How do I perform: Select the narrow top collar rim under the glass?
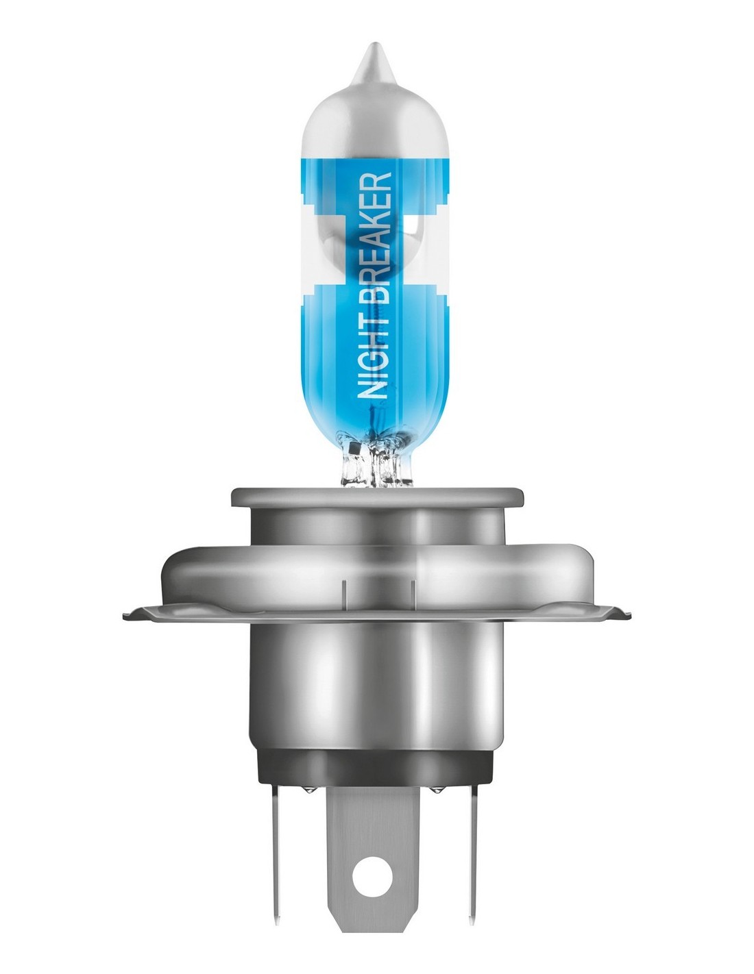coord(377,497)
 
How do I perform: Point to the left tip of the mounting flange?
coord(125,617)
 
